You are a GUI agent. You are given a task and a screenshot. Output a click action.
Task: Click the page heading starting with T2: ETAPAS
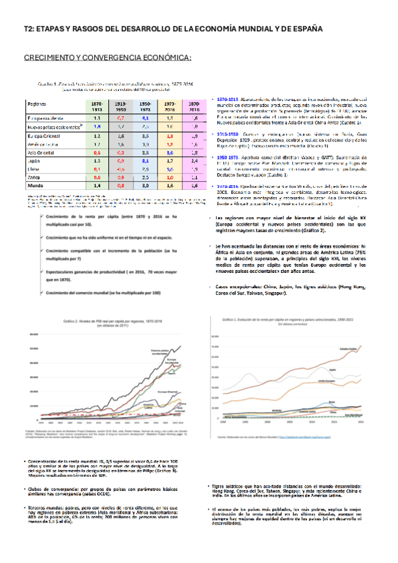[173, 29]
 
